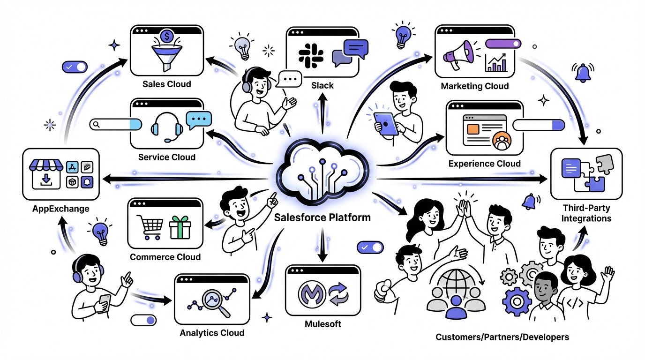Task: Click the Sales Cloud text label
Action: tap(167, 84)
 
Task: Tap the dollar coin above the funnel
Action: tap(166, 36)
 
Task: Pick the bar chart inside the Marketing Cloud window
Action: tap(497, 62)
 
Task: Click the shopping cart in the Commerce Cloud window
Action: tap(149, 226)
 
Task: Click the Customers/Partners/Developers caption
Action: tap(502, 337)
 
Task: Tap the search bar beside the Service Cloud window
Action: tap(115, 124)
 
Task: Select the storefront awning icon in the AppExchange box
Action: tap(46, 165)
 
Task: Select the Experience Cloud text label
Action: tap(484, 164)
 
